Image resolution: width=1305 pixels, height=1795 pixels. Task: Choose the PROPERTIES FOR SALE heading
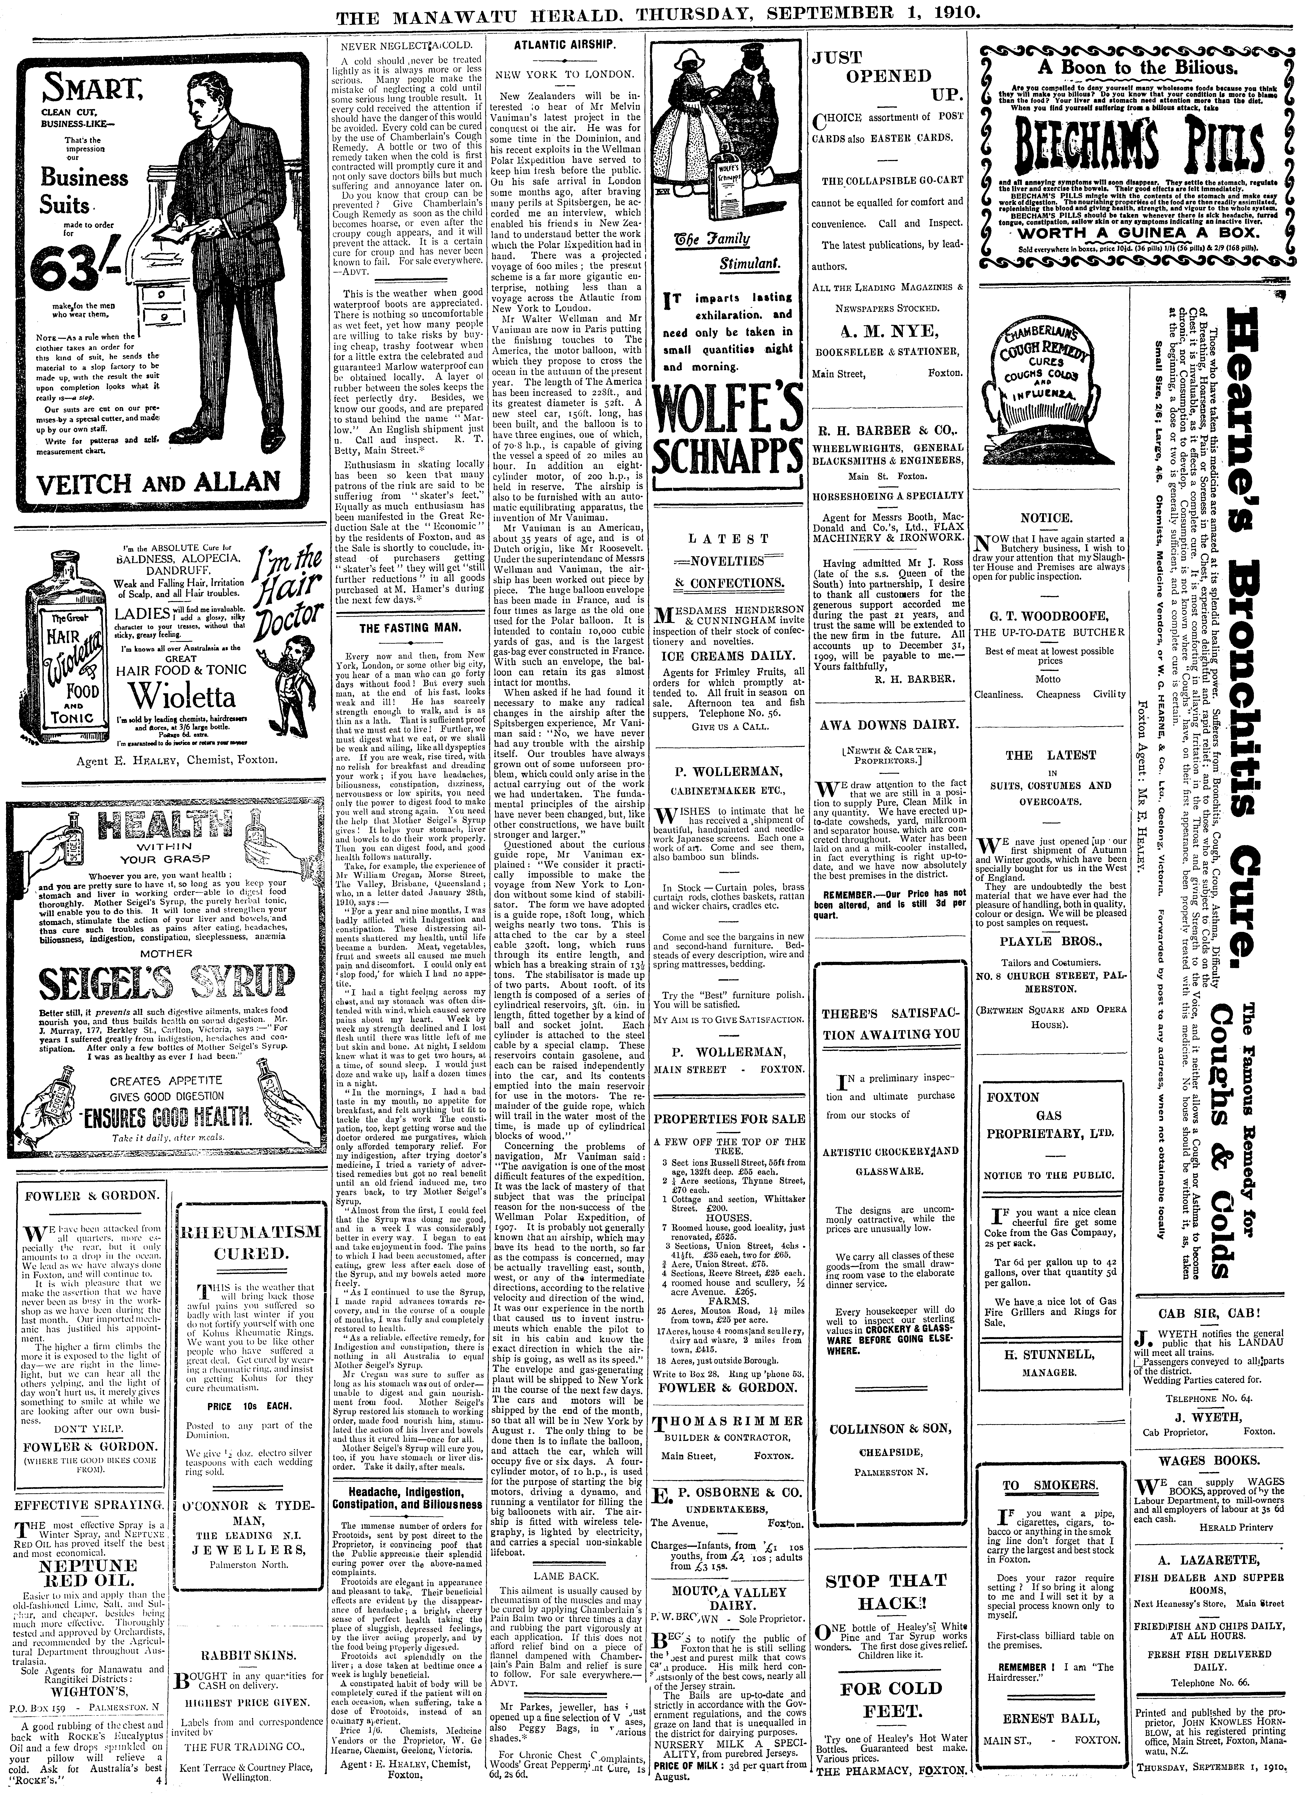pyautogui.click(x=729, y=1119)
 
